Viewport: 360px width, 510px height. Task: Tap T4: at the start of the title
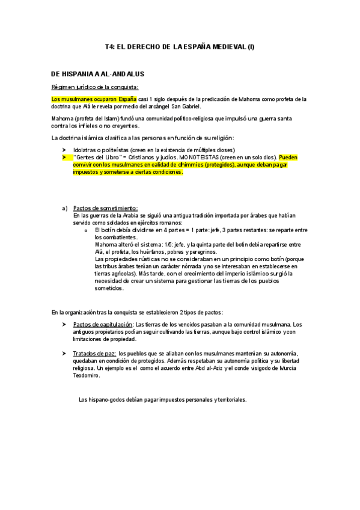click(109, 46)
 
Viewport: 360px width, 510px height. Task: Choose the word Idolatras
click(87, 150)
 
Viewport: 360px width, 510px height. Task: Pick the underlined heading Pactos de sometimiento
click(105, 208)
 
